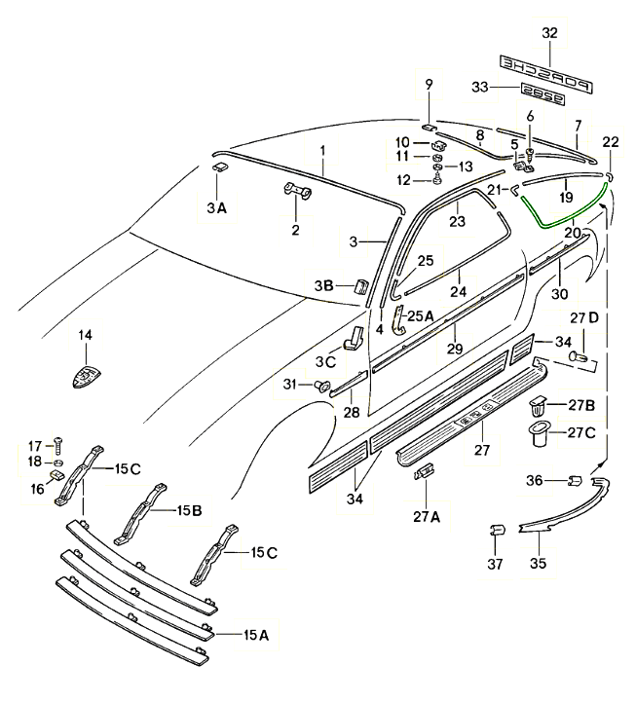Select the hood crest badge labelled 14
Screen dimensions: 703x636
pos(85,375)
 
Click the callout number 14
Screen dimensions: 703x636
pos(85,336)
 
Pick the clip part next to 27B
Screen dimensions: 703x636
pos(538,403)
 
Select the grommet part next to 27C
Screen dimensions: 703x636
pos(538,434)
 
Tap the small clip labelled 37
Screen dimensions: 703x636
pos(495,532)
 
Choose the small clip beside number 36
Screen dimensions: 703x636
pos(574,480)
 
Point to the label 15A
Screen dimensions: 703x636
pos(255,635)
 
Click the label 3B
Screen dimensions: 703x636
pos(323,285)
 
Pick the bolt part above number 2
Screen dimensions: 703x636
pos(295,190)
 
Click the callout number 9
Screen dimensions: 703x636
pos(427,86)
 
